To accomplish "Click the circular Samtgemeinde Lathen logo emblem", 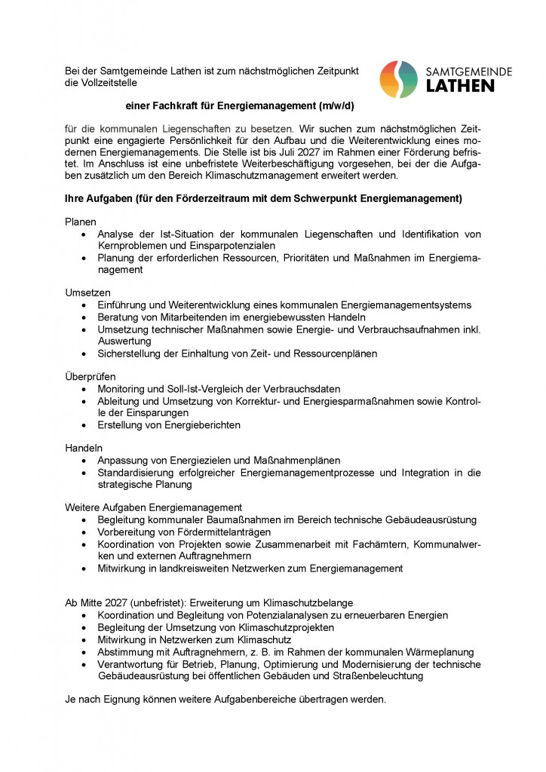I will pos(398,79).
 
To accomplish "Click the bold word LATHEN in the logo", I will pos(461,86).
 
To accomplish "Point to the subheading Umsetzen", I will pos(88,292).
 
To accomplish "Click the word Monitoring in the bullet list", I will pos(122,388).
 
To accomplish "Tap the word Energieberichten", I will pos(198,424).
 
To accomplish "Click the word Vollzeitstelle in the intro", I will pos(106,81).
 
